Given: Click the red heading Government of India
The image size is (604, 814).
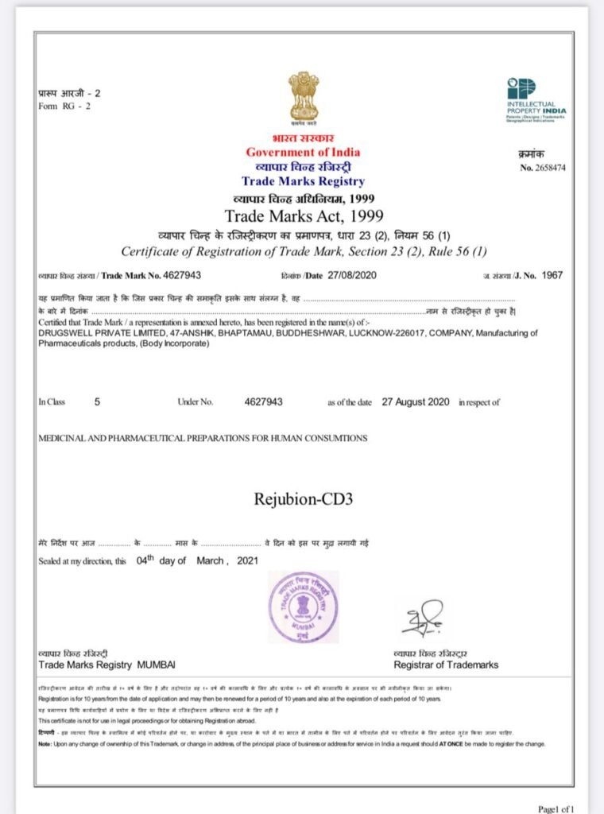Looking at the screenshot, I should tap(303, 153).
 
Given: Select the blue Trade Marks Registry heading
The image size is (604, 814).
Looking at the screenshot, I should tap(303, 182).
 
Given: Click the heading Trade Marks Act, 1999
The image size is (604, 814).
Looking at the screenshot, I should tap(304, 215).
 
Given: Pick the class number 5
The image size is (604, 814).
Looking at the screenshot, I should tap(98, 402).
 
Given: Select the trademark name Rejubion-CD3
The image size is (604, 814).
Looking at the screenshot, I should tap(303, 500).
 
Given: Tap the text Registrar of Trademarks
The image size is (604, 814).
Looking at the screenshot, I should tap(446, 665).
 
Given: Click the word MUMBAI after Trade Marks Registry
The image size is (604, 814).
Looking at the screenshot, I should tap(157, 665).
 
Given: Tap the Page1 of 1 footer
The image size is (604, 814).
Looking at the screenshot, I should tap(556, 808).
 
